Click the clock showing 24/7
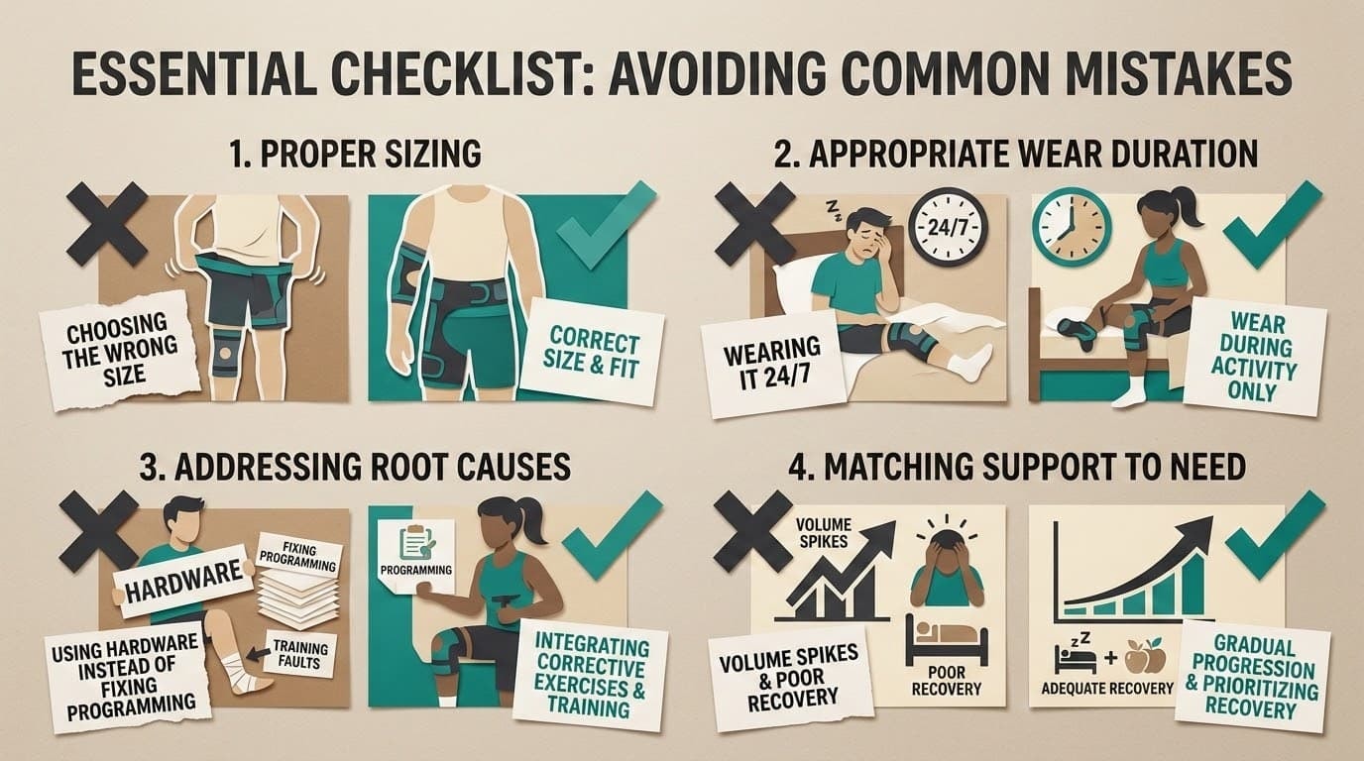pyautogui.click(x=947, y=227)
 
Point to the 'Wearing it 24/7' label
pyautogui.click(x=772, y=363)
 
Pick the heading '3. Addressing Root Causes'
pyautogui.click(x=354, y=466)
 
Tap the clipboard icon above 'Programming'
pyautogui.click(x=416, y=543)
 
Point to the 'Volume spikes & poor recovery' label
pyautogui.click(x=790, y=681)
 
